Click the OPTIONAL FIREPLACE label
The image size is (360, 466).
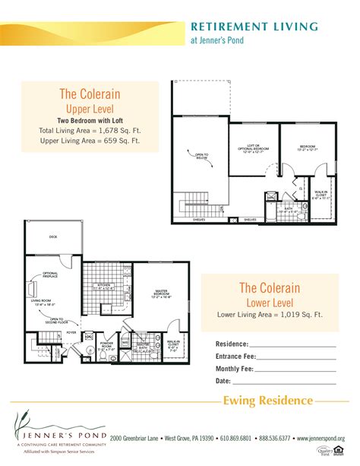tap(51, 275)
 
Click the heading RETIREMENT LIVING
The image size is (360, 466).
tap(254, 27)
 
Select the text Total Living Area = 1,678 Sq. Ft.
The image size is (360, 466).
tap(100, 131)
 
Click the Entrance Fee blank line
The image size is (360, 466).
tap(295, 357)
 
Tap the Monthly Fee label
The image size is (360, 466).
tap(235, 369)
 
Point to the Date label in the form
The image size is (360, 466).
tap(223, 381)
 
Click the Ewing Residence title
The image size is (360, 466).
tap(267, 401)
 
